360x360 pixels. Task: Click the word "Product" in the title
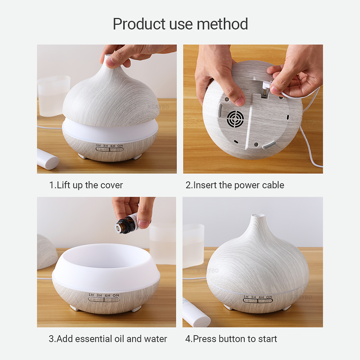(x=139, y=24)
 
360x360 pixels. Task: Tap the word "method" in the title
(x=222, y=24)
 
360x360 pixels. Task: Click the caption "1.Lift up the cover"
(x=86, y=185)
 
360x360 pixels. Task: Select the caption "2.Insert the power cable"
(x=235, y=185)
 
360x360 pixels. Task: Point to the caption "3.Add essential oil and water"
(x=108, y=339)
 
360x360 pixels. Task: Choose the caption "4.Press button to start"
(x=231, y=339)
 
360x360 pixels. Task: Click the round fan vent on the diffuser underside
(x=235, y=119)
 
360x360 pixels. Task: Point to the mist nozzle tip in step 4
(x=258, y=216)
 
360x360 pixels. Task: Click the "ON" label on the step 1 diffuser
(x=120, y=146)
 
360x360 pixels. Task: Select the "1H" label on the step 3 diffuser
(x=91, y=295)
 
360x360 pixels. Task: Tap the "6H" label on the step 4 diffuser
(x=261, y=297)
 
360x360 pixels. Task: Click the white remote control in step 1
(x=47, y=159)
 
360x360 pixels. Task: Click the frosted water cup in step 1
(x=53, y=96)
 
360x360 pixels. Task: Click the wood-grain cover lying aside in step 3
(x=47, y=252)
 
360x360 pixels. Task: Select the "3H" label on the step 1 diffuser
(x=105, y=146)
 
